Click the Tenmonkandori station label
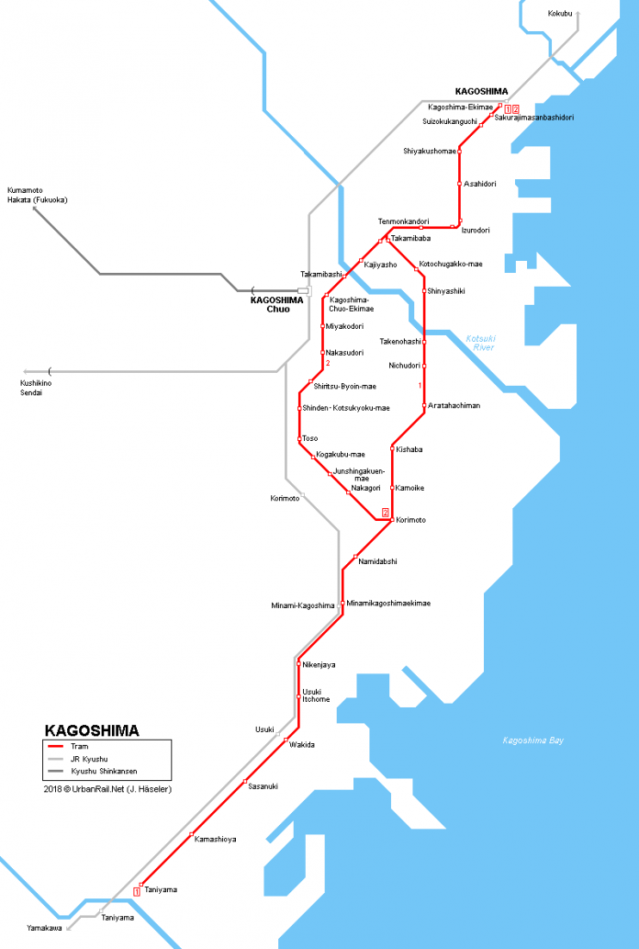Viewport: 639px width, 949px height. pyautogui.click(x=403, y=221)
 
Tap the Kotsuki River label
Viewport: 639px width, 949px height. pyautogui.click(x=479, y=343)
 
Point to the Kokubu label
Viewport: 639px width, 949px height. pyautogui.click(x=560, y=14)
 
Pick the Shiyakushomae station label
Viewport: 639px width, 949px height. pyautogui.click(x=429, y=151)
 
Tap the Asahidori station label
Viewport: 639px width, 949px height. pyautogui.click(x=480, y=184)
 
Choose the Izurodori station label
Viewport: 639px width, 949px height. pyautogui.click(x=476, y=230)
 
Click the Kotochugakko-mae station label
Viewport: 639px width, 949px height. pyautogui.click(x=450, y=265)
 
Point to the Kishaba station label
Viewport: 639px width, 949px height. pyautogui.click(x=409, y=449)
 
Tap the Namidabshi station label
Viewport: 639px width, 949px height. pyautogui.click(x=377, y=560)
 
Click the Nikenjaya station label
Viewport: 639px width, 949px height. pyautogui.click(x=319, y=664)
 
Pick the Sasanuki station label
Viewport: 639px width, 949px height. pyautogui.click(x=263, y=786)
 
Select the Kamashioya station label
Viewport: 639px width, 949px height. pyautogui.click(x=216, y=839)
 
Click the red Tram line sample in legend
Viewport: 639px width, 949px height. pyautogui.click(x=56, y=747)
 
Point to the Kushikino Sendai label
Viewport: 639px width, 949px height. pyautogui.click(x=35, y=387)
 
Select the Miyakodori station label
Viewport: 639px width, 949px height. pyautogui.click(x=345, y=326)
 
